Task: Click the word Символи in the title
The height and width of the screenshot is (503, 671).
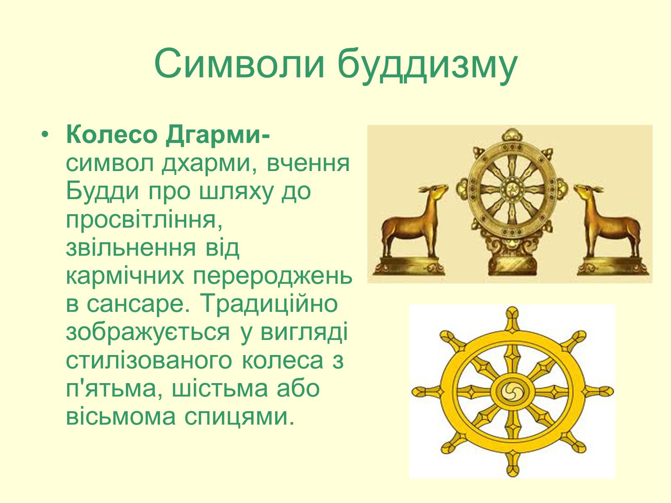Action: (239, 64)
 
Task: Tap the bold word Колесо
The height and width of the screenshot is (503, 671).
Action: (112, 135)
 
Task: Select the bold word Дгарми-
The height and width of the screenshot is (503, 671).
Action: (218, 136)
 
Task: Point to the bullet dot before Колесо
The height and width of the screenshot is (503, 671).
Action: (45, 135)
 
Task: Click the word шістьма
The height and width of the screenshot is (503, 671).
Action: (220, 390)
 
